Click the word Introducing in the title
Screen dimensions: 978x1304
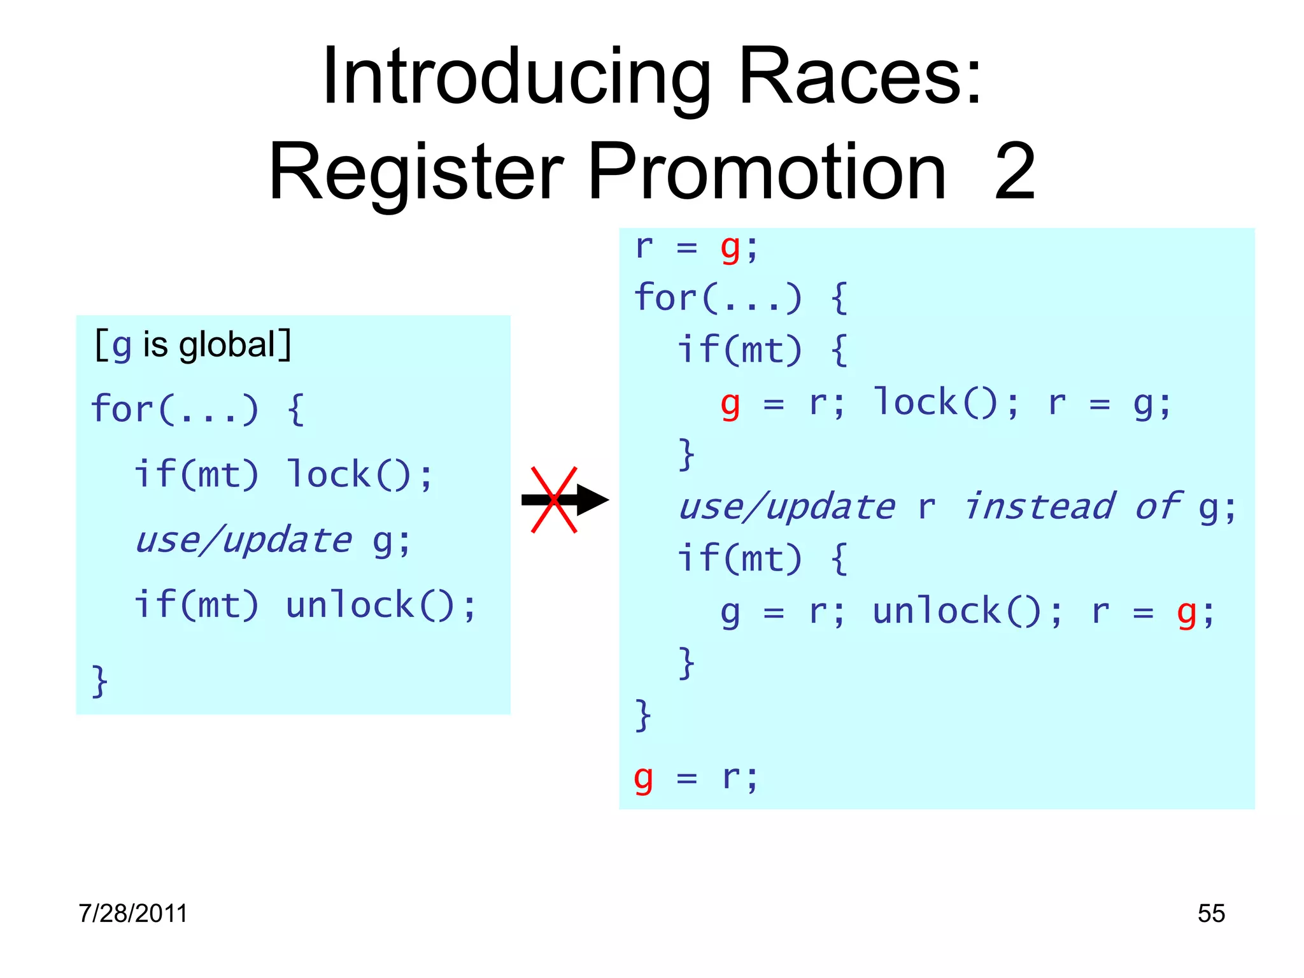(x=516, y=78)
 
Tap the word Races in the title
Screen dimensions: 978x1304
(x=860, y=78)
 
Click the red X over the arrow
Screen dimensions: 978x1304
(x=554, y=500)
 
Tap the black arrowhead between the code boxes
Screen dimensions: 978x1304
(x=592, y=500)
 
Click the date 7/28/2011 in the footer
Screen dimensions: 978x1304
(x=133, y=913)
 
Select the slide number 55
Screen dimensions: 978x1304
(x=1211, y=913)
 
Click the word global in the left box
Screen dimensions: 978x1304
(x=226, y=345)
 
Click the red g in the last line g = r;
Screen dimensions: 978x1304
(x=644, y=777)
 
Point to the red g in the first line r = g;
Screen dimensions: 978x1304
(x=730, y=248)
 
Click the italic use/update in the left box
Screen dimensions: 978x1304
(x=243, y=541)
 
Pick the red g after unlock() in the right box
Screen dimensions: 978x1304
(x=1186, y=613)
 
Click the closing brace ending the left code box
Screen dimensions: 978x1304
(x=99, y=681)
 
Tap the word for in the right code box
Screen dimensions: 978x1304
(x=665, y=297)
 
